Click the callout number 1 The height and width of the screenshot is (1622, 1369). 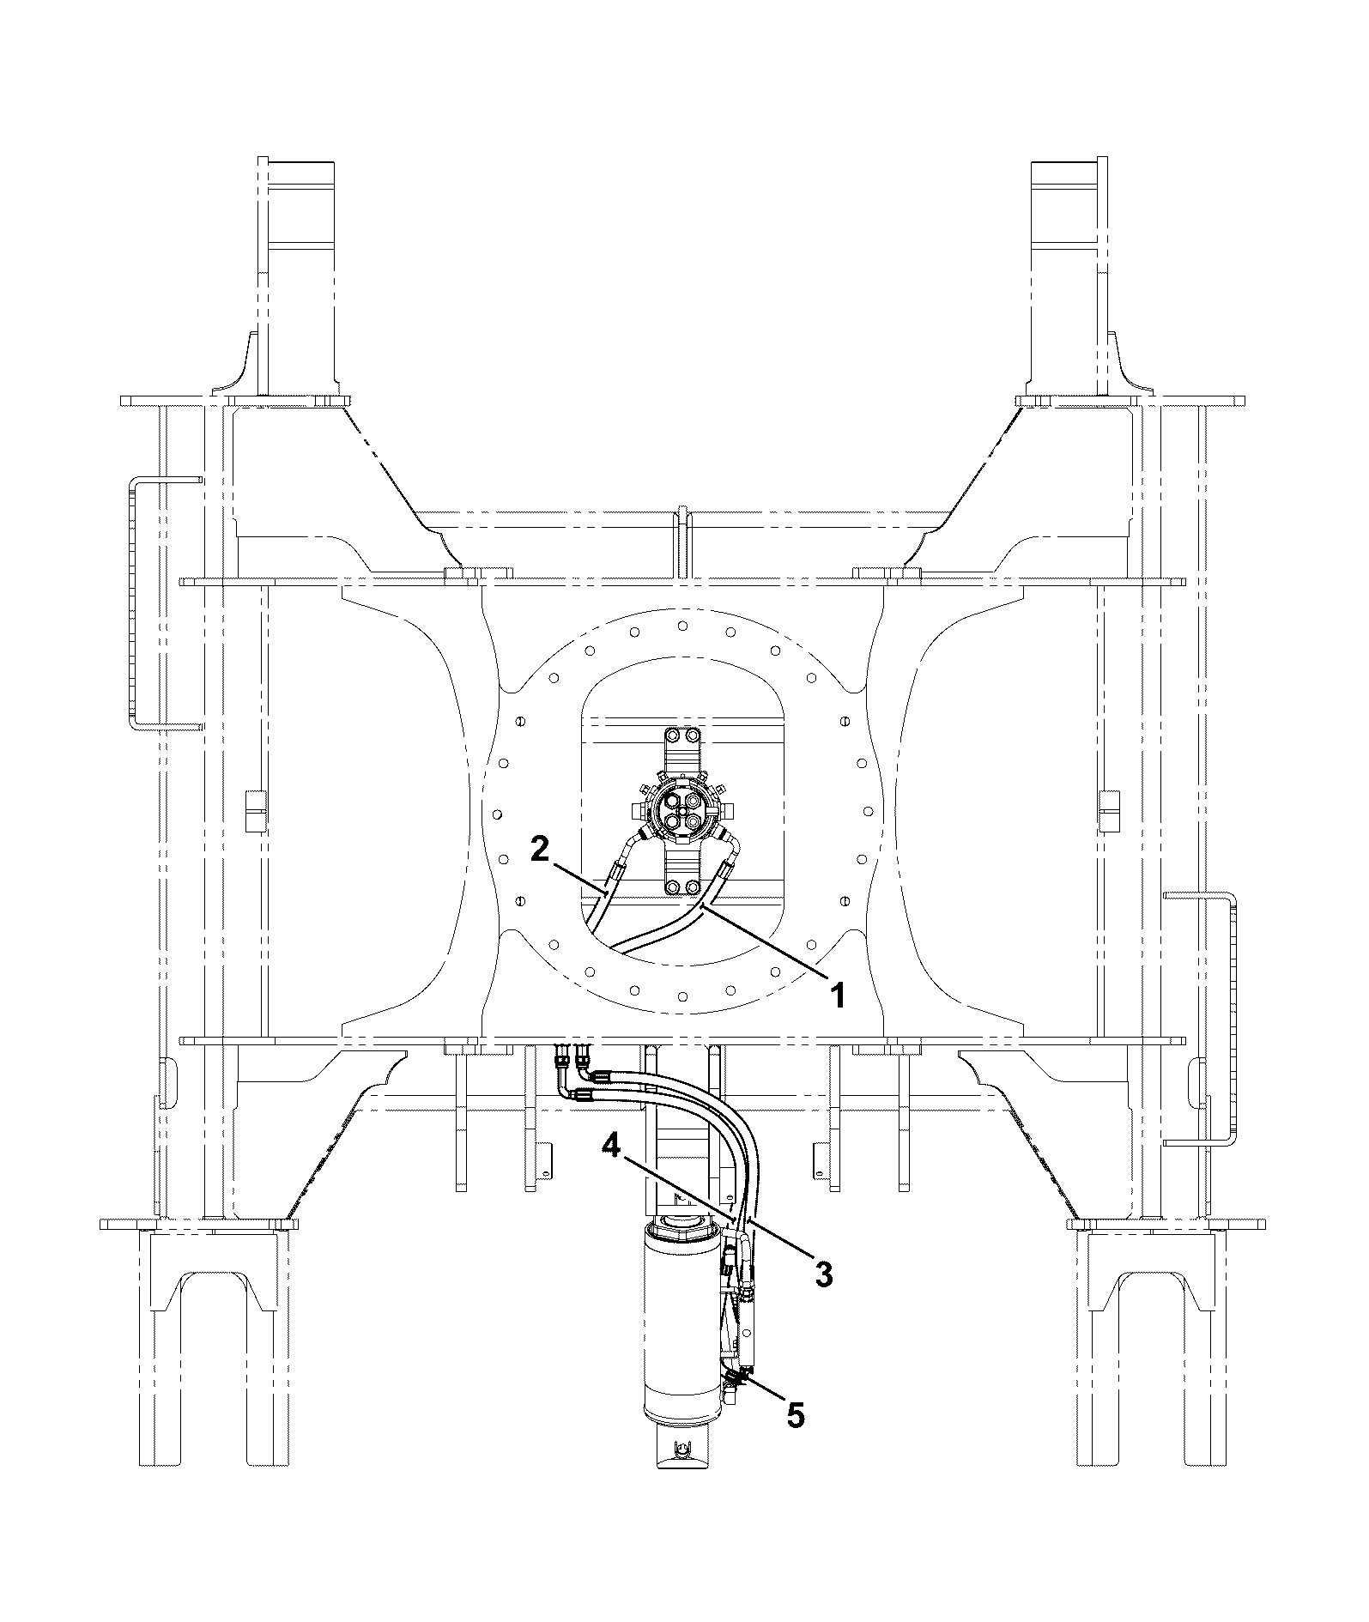point(837,996)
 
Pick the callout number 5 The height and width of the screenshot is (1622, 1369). point(796,1414)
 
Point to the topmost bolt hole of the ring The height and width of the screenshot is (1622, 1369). point(682,625)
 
